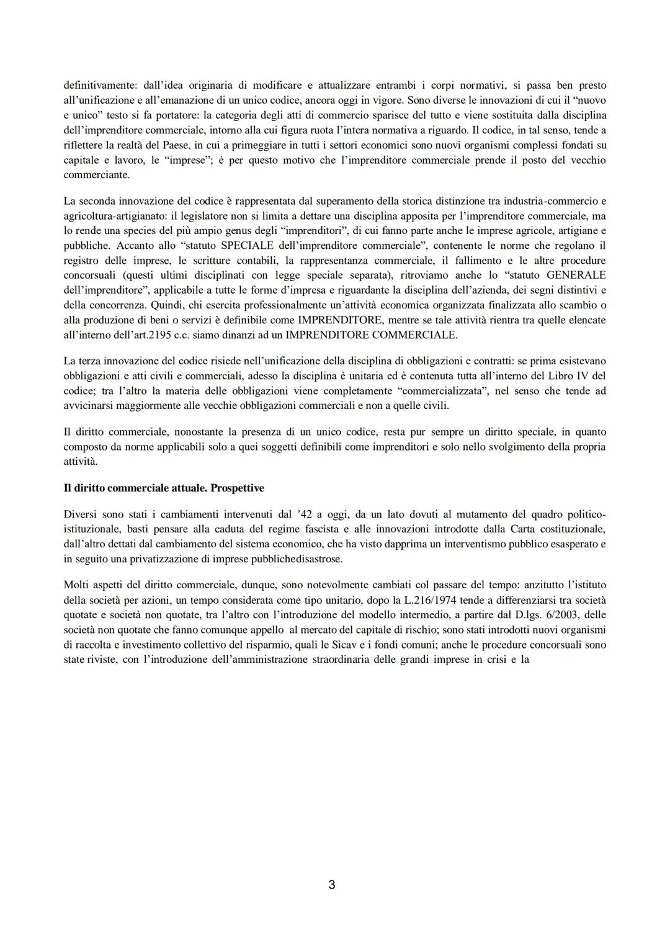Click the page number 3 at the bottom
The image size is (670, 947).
(331, 885)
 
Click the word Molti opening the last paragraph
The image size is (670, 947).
(76, 585)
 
